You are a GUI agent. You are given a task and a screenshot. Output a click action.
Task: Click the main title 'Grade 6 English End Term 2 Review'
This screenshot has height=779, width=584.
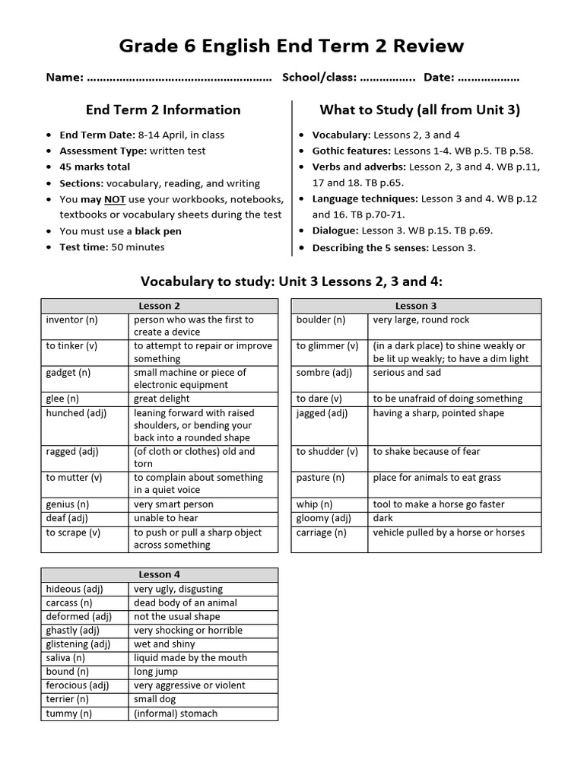tap(291, 46)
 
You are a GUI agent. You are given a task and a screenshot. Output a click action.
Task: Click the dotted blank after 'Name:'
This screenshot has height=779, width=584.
tap(179, 78)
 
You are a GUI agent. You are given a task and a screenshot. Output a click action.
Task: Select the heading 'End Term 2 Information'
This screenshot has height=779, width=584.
tap(163, 110)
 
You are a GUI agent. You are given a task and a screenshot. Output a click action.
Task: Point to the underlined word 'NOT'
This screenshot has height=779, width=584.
tap(115, 199)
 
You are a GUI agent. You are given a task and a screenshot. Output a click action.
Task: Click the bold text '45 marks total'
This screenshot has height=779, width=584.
tap(95, 167)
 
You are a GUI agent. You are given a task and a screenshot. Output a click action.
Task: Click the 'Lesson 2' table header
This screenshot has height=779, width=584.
tap(159, 306)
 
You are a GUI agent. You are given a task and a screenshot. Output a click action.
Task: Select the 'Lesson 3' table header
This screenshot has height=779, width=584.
tap(416, 306)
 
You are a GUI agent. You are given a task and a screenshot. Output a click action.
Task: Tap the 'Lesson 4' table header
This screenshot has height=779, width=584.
tap(159, 574)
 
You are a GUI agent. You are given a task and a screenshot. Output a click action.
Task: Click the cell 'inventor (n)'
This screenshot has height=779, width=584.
tap(72, 320)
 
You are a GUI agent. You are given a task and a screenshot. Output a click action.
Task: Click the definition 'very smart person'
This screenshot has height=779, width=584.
tap(173, 504)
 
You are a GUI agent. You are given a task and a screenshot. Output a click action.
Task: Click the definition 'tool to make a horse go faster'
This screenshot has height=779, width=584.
tap(439, 504)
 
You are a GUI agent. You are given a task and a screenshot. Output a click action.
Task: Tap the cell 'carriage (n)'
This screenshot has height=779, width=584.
tap(322, 533)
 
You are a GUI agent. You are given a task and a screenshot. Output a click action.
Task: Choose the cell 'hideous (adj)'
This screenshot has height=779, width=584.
tap(75, 589)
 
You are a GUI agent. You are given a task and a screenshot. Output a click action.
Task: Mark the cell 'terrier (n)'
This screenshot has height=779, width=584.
tap(68, 699)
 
